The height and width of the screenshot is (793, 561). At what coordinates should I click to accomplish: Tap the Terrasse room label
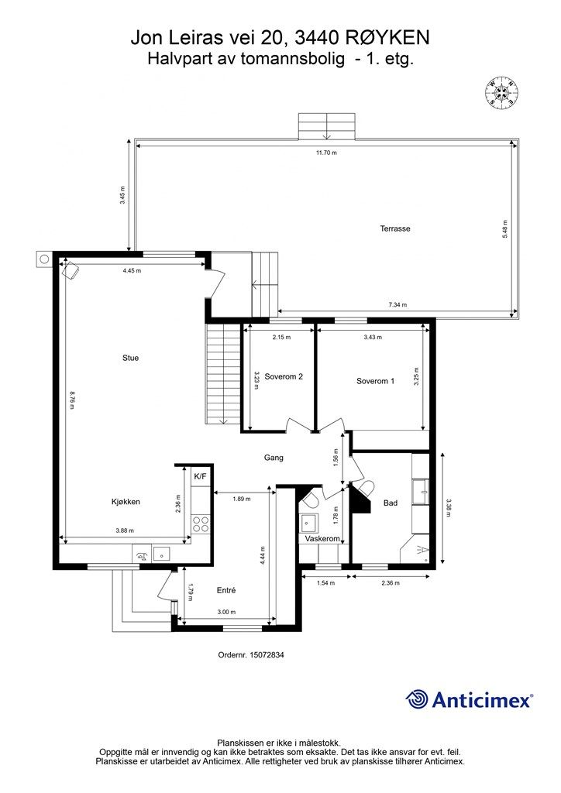pos(394,228)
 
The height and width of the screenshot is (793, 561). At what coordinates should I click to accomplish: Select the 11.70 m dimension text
pos(326,153)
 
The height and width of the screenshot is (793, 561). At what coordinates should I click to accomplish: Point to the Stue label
pos(130,358)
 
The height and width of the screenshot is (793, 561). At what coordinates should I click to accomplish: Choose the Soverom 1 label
pos(376,380)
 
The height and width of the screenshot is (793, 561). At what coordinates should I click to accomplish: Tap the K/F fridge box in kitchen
pos(200,475)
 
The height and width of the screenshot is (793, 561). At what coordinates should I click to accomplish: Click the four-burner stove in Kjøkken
pos(201,524)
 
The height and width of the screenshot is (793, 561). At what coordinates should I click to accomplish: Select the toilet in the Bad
pos(363,488)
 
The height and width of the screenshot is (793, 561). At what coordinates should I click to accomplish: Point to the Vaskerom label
pos(323,537)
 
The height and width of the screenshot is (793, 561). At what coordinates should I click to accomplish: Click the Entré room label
pos(225,590)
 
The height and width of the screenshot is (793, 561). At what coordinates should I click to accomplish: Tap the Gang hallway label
pos(274,458)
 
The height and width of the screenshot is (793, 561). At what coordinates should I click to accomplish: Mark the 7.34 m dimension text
pos(398,305)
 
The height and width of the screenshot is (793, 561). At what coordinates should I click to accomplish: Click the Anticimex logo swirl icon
pos(418,699)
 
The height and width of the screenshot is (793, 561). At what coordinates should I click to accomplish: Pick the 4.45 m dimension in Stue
pos(133,271)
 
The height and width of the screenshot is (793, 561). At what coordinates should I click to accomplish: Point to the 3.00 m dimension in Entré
pos(225,613)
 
